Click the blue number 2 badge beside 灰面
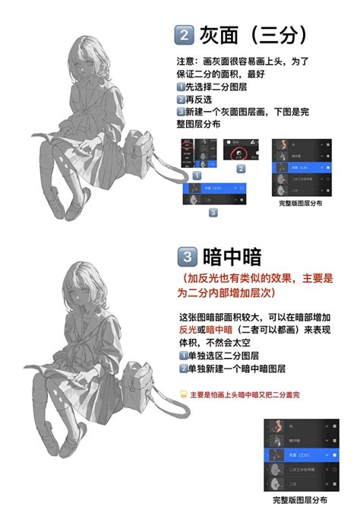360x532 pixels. pos(185,34)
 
